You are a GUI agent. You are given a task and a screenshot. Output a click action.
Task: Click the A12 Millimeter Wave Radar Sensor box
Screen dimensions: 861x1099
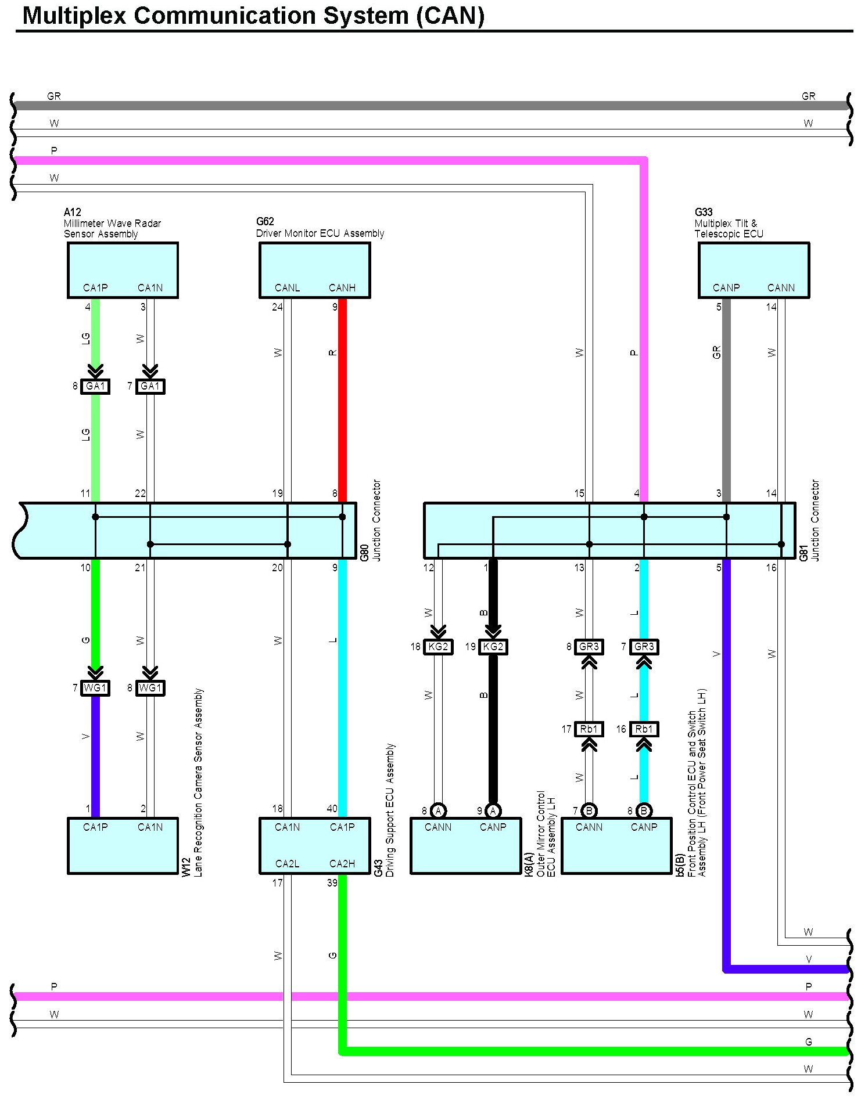pos(123,270)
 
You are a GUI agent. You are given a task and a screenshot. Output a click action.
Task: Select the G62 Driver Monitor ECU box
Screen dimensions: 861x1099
pos(314,270)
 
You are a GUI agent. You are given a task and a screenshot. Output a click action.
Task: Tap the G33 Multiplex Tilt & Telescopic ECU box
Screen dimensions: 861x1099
pos(754,270)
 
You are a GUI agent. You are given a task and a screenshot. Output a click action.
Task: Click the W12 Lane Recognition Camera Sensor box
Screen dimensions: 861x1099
pos(123,845)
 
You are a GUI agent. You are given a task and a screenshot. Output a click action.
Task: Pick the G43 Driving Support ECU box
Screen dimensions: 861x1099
pos(314,845)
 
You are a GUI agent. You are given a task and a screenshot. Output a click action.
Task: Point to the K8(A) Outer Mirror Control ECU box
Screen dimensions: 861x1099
pos(465,845)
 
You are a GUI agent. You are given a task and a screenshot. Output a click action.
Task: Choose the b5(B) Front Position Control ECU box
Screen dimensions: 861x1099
pos(616,845)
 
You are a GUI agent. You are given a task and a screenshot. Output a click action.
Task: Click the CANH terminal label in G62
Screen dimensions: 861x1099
pos(342,288)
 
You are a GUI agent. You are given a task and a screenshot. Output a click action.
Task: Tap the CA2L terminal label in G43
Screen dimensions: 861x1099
pos(287,864)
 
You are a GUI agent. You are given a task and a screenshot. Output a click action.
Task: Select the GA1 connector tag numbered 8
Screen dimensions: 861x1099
pos(95,386)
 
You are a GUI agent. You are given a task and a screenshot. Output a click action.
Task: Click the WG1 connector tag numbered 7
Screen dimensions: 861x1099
pos(95,688)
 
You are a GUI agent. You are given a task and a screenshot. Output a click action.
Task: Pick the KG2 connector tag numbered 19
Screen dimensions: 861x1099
pos(493,647)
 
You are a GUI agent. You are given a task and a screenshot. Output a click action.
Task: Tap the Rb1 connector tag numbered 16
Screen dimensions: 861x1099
pos(644,729)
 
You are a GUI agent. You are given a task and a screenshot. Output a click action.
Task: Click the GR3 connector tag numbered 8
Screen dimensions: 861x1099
pos(589,647)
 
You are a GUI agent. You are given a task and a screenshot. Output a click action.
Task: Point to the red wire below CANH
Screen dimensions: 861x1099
pos(342,401)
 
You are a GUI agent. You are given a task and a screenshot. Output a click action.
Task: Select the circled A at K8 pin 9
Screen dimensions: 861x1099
pos(493,811)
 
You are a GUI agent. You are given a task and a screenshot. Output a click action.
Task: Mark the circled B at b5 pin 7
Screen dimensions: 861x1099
pos(589,811)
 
